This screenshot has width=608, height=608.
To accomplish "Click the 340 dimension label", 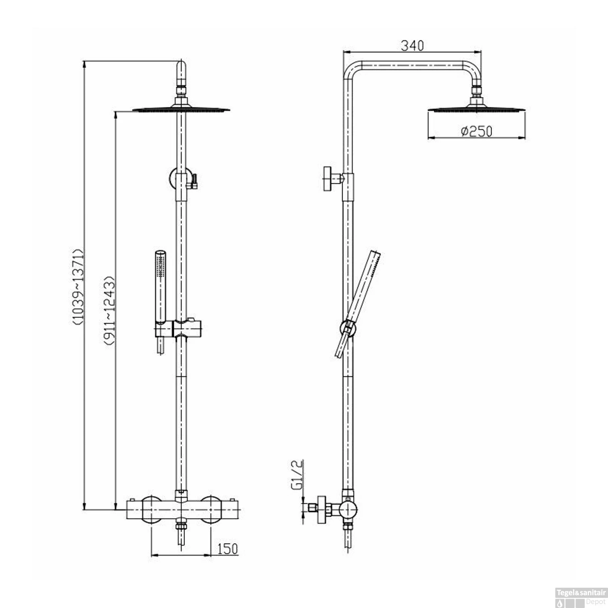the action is click(412, 45).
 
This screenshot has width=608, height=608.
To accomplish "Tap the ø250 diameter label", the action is click(477, 131).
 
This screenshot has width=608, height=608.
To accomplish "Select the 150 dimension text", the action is click(227, 549).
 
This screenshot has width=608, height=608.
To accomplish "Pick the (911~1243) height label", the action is click(109, 310).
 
